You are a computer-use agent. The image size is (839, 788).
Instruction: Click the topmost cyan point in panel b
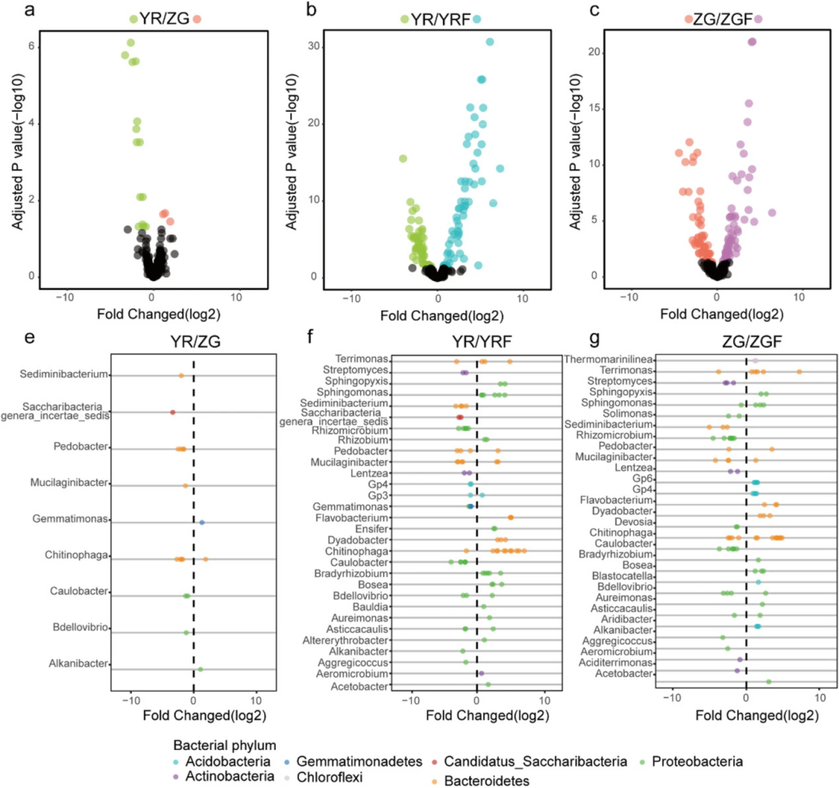(x=489, y=42)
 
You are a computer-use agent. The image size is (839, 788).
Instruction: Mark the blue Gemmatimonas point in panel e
(x=202, y=522)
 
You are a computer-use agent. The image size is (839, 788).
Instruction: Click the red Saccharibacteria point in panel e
(x=172, y=412)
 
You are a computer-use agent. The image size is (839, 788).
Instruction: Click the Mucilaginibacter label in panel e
(x=67, y=483)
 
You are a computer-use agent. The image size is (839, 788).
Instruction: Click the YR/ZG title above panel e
(x=193, y=342)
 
